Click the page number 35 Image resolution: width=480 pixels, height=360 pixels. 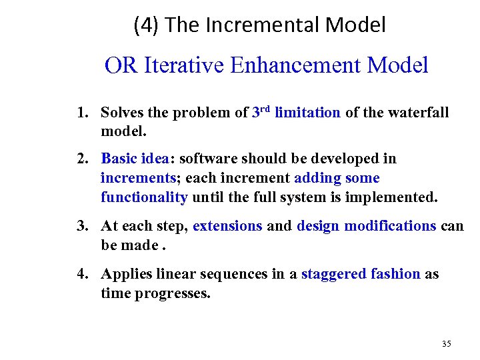(446, 344)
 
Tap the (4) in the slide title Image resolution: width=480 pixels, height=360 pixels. (145, 25)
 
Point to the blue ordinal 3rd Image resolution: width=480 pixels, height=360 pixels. (261, 112)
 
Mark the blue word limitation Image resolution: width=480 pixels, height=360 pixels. (307, 113)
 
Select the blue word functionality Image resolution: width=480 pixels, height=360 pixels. (144, 197)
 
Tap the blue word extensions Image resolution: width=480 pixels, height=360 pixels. (227, 226)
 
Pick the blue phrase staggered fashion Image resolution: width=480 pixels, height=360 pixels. (361, 274)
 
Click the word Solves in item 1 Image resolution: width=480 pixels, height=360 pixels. (121, 113)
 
